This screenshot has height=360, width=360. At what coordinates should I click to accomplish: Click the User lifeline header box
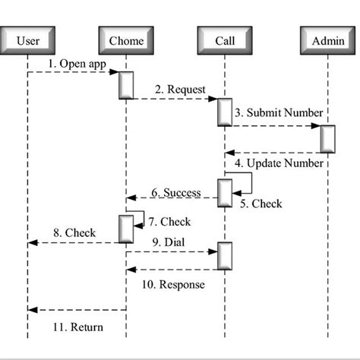click(x=28, y=40)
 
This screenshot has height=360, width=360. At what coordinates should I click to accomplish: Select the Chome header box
click(x=126, y=40)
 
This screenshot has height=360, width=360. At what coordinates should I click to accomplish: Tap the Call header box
click(x=225, y=40)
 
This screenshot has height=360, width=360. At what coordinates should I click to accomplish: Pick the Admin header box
click(x=327, y=40)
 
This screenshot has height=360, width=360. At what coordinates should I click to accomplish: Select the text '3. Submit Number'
click(x=278, y=113)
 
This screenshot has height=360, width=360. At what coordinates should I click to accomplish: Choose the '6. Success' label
click(x=175, y=192)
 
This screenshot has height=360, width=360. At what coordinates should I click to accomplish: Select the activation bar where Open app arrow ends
click(x=126, y=85)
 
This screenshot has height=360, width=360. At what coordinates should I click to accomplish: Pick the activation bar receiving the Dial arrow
click(x=225, y=256)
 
